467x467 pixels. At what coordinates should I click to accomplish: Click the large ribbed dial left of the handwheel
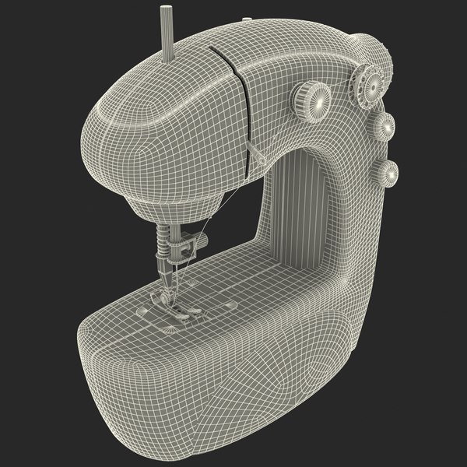tap(312, 98)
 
